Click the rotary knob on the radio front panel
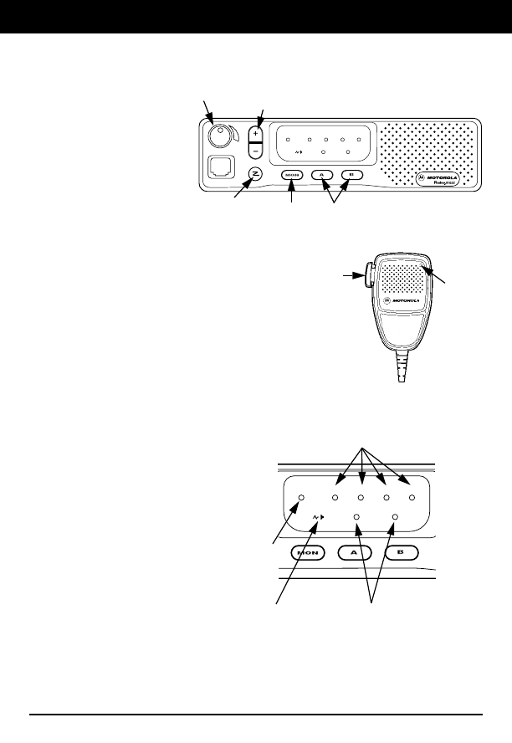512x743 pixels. coord(223,136)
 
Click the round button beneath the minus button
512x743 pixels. coord(257,174)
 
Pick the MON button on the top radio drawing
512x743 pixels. coord(292,175)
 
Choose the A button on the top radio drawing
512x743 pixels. coord(323,175)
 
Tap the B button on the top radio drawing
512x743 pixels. coord(352,175)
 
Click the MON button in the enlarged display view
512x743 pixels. coord(310,553)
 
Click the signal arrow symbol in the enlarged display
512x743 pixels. coord(318,518)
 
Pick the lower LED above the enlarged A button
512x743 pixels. coord(357,518)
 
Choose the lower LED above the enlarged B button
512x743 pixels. coord(395,518)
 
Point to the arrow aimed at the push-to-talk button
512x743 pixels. coord(352,274)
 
